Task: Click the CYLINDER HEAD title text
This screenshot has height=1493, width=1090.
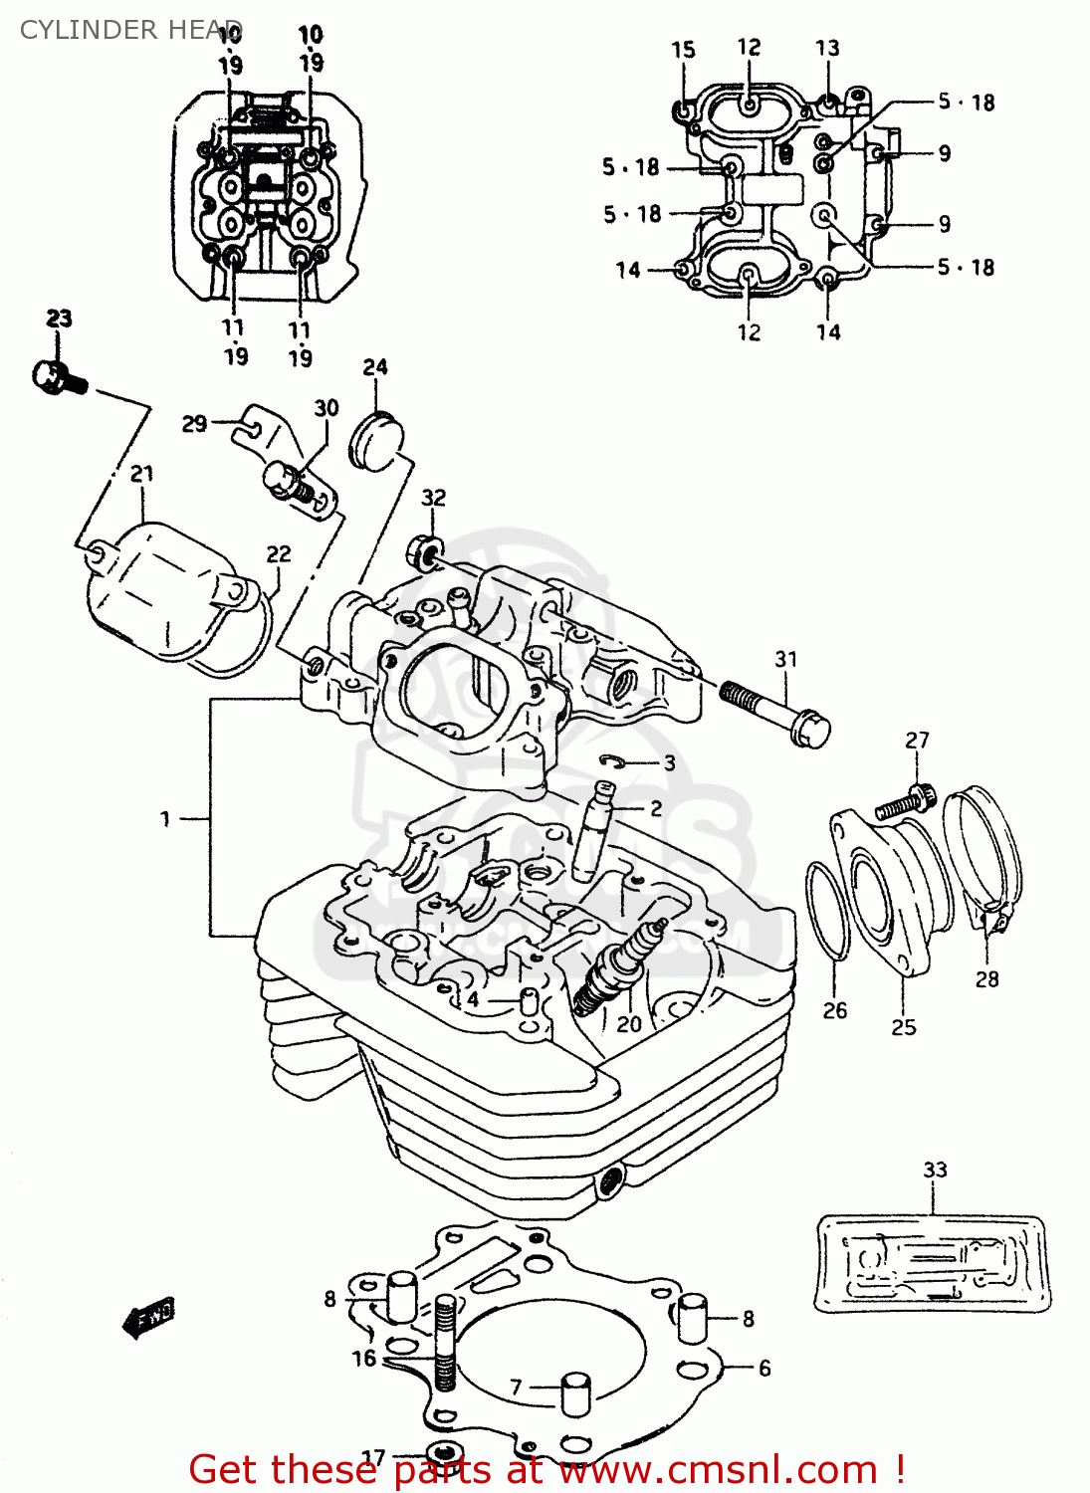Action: click(x=129, y=30)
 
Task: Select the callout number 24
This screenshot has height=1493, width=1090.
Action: click(x=375, y=367)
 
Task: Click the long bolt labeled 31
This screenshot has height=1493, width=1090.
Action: click(x=776, y=711)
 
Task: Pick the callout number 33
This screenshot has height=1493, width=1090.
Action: click(x=935, y=1170)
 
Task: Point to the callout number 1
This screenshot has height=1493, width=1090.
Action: click(x=165, y=819)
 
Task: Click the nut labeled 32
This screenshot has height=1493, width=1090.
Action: click(x=424, y=550)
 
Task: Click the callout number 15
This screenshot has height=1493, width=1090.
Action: click(x=683, y=51)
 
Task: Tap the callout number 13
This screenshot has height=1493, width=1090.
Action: click(x=827, y=49)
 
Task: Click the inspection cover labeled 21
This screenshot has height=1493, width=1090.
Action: click(x=164, y=597)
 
